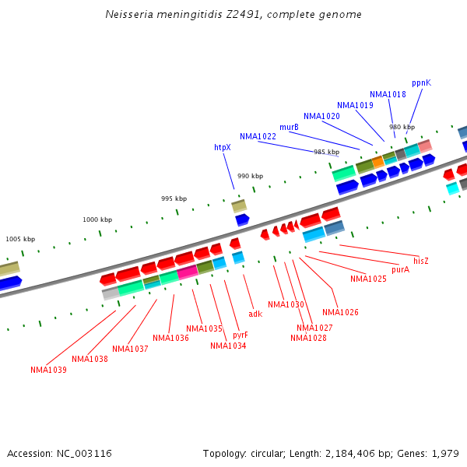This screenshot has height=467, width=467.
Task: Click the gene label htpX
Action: point(223,147)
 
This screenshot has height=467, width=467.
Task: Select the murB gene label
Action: point(289,127)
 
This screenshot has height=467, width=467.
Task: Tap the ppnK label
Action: point(421,83)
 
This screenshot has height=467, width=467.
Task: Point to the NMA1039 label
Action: point(48,370)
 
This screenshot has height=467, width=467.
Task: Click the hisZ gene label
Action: point(421,261)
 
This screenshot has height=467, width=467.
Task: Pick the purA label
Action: point(400,269)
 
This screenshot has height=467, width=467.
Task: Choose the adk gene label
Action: point(255,314)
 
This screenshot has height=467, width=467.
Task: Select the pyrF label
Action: point(241,335)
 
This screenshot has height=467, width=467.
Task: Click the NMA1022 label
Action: point(258,136)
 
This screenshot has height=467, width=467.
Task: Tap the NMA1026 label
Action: point(340,312)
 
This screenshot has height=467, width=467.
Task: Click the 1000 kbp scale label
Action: point(97,219)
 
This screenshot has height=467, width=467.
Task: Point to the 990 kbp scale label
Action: point(250,176)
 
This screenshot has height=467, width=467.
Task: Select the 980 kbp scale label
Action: point(402,127)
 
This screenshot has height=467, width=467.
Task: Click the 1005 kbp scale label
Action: point(20,239)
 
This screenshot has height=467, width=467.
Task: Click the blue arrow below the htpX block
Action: point(242,219)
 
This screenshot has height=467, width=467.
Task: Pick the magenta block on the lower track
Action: point(188,272)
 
